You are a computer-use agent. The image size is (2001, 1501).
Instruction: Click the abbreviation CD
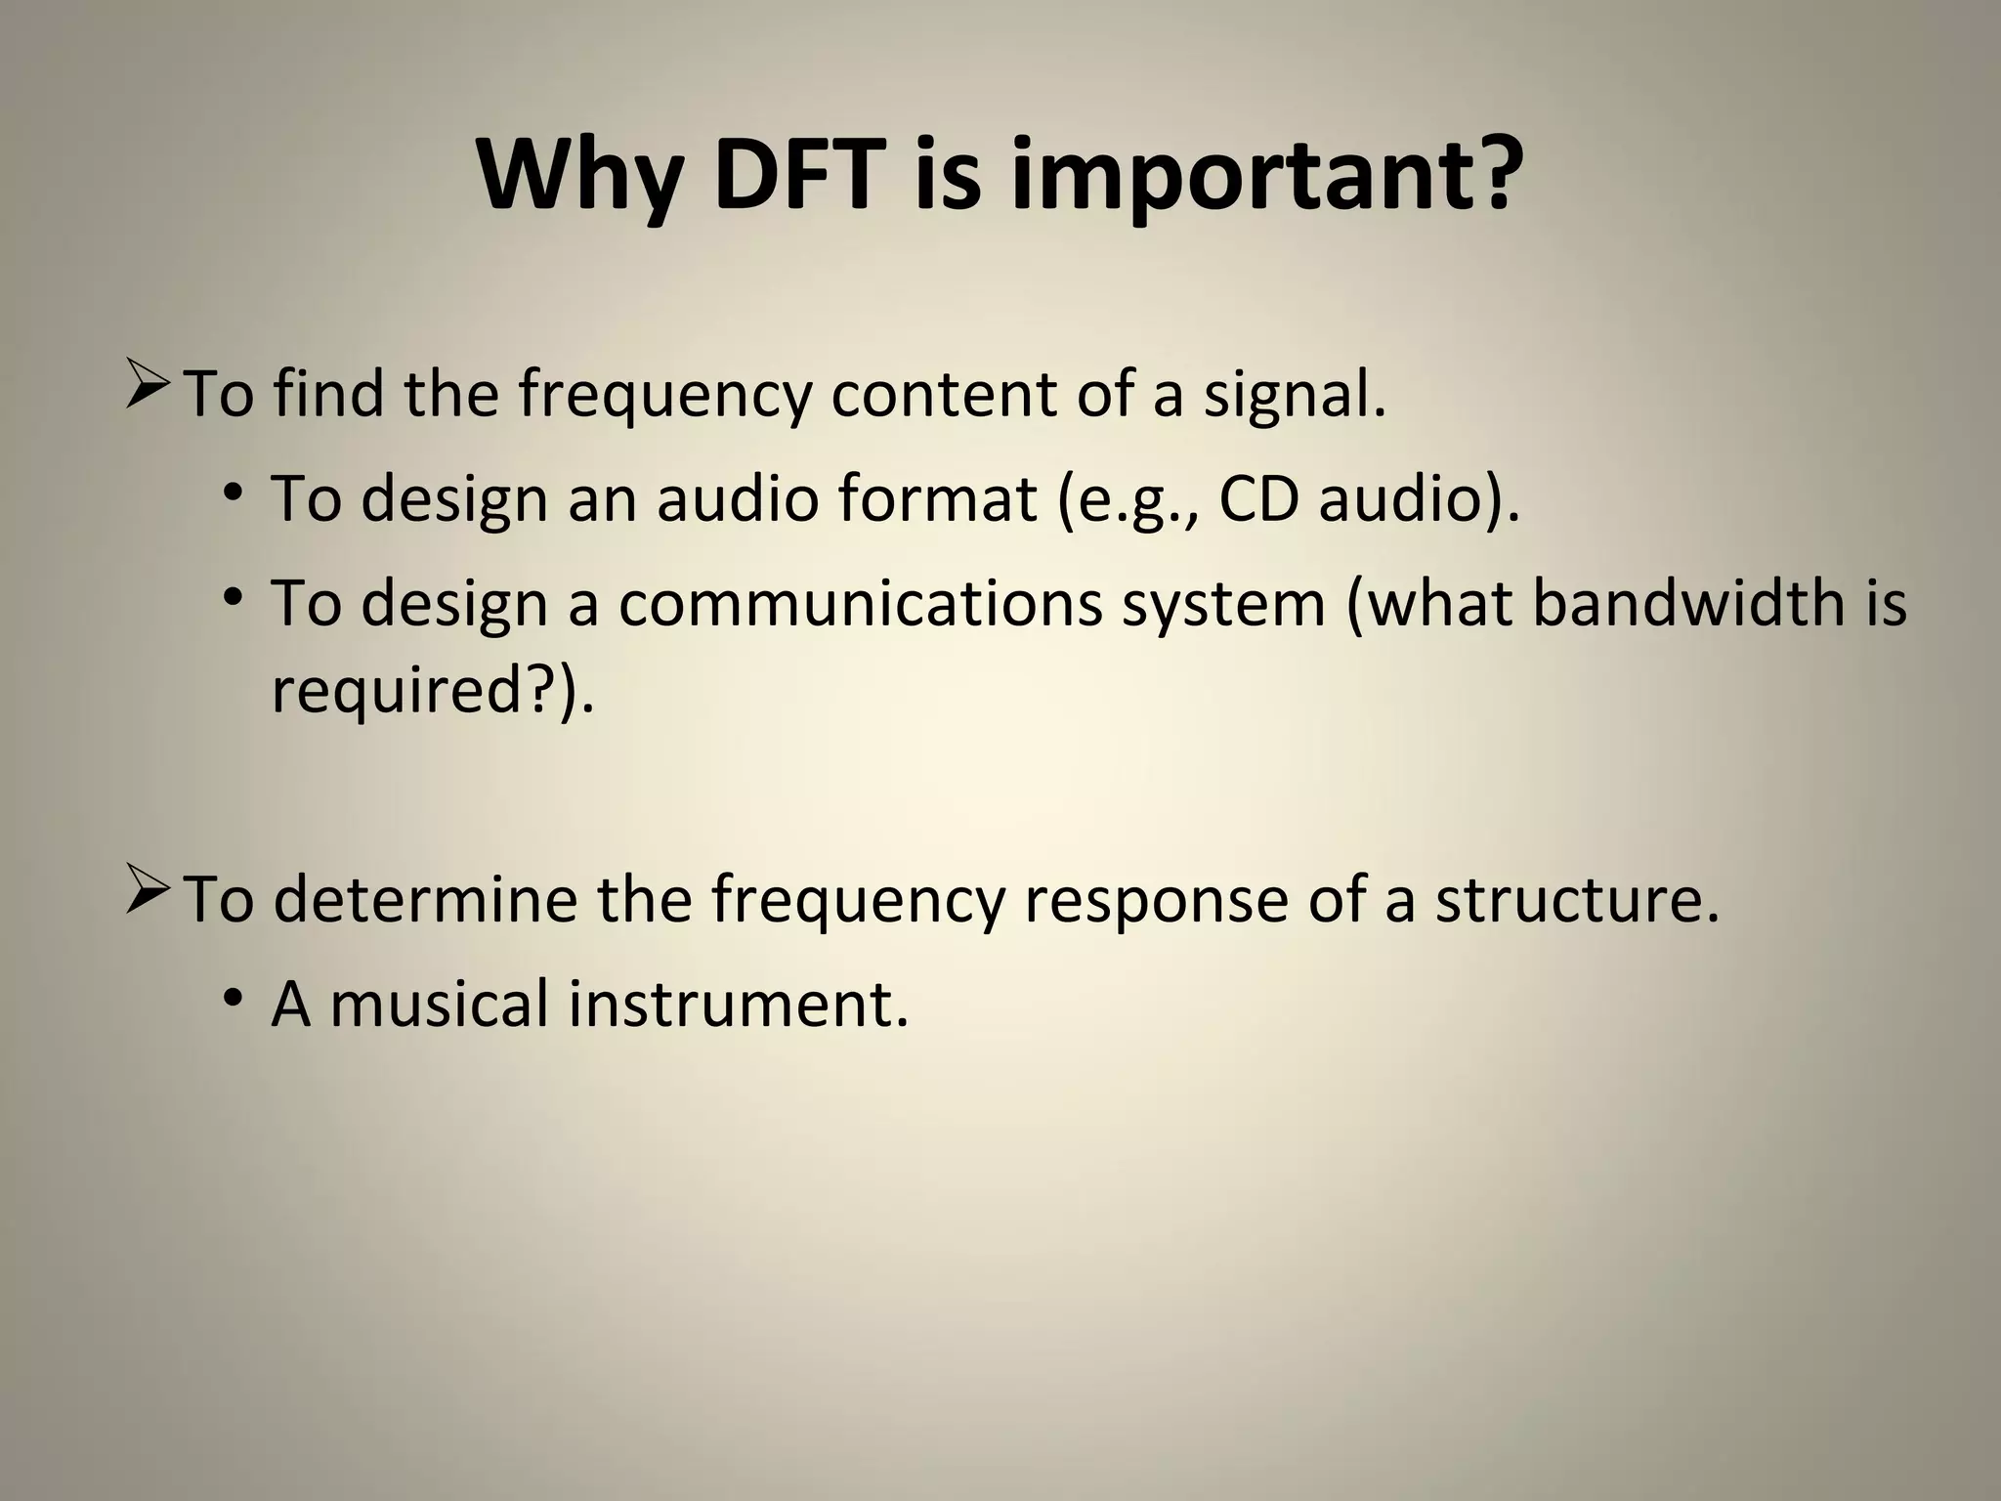tap(1260, 498)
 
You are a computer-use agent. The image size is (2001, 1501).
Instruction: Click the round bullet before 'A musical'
tap(232, 999)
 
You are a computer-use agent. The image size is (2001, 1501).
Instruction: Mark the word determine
tap(426, 899)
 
